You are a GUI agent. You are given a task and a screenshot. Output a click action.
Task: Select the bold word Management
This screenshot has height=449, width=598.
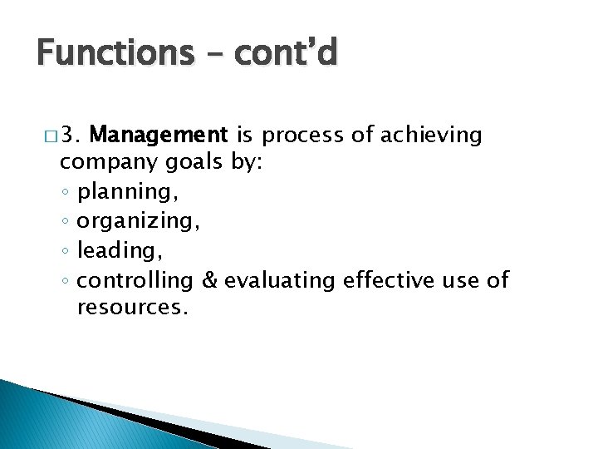tap(158, 134)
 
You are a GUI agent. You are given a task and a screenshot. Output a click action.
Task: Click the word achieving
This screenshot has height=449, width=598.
tap(434, 135)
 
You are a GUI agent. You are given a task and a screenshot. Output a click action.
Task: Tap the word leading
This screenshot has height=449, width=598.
tap(112, 251)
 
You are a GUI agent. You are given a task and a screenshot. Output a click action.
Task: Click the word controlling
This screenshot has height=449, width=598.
tap(135, 280)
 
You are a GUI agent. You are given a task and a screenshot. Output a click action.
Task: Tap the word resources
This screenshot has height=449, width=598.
tap(130, 308)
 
